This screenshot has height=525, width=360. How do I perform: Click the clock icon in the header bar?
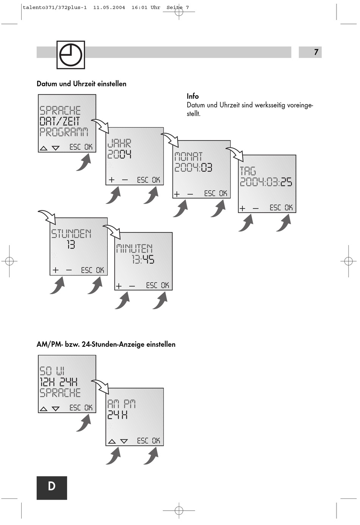(71, 55)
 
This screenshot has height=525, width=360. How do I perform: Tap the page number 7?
(316, 52)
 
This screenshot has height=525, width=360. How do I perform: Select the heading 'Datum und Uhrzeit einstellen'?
(81, 84)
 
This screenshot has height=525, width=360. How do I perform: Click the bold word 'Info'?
(193, 96)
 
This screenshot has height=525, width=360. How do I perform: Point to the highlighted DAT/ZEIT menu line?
(60, 121)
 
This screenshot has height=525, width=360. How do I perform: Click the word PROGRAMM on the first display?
(64, 132)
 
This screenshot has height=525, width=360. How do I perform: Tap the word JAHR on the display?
(119, 143)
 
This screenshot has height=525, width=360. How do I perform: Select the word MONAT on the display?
(188, 157)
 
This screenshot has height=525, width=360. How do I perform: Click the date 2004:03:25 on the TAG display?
(266, 182)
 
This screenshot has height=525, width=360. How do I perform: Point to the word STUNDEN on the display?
(71, 234)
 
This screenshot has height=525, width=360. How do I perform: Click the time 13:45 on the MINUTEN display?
(143, 260)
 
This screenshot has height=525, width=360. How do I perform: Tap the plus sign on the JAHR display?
(111, 180)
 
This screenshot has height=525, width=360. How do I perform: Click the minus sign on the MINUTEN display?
(132, 286)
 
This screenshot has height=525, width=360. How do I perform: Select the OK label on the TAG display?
(289, 208)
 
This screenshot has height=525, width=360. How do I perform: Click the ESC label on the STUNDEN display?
(86, 270)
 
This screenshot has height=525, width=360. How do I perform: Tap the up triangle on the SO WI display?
(44, 409)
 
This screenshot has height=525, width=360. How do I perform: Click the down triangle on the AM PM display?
(124, 441)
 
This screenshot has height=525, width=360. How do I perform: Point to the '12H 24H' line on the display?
(59, 382)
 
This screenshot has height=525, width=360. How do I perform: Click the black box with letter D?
(52, 488)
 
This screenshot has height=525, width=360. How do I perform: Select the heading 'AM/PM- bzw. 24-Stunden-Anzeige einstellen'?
(106, 345)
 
